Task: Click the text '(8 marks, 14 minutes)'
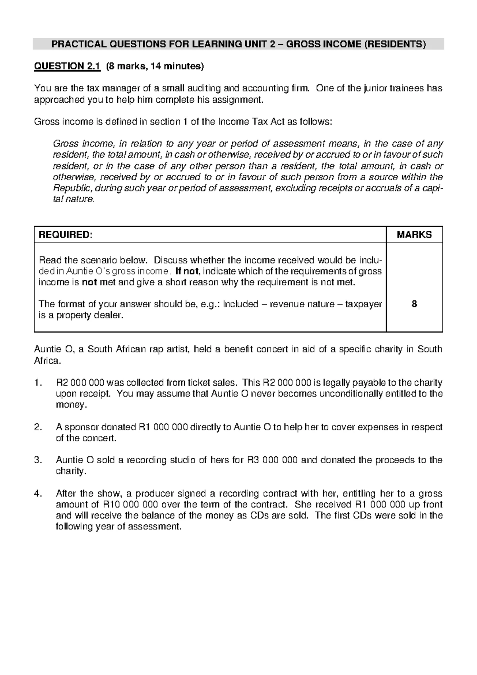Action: [154, 66]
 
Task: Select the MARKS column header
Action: [414, 235]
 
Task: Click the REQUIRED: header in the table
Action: [65, 235]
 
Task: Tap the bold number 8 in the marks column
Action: [414, 304]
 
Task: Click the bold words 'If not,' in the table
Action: [188, 271]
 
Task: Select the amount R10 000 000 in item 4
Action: [127, 505]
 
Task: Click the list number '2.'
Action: [38, 427]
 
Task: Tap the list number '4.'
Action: [38, 494]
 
